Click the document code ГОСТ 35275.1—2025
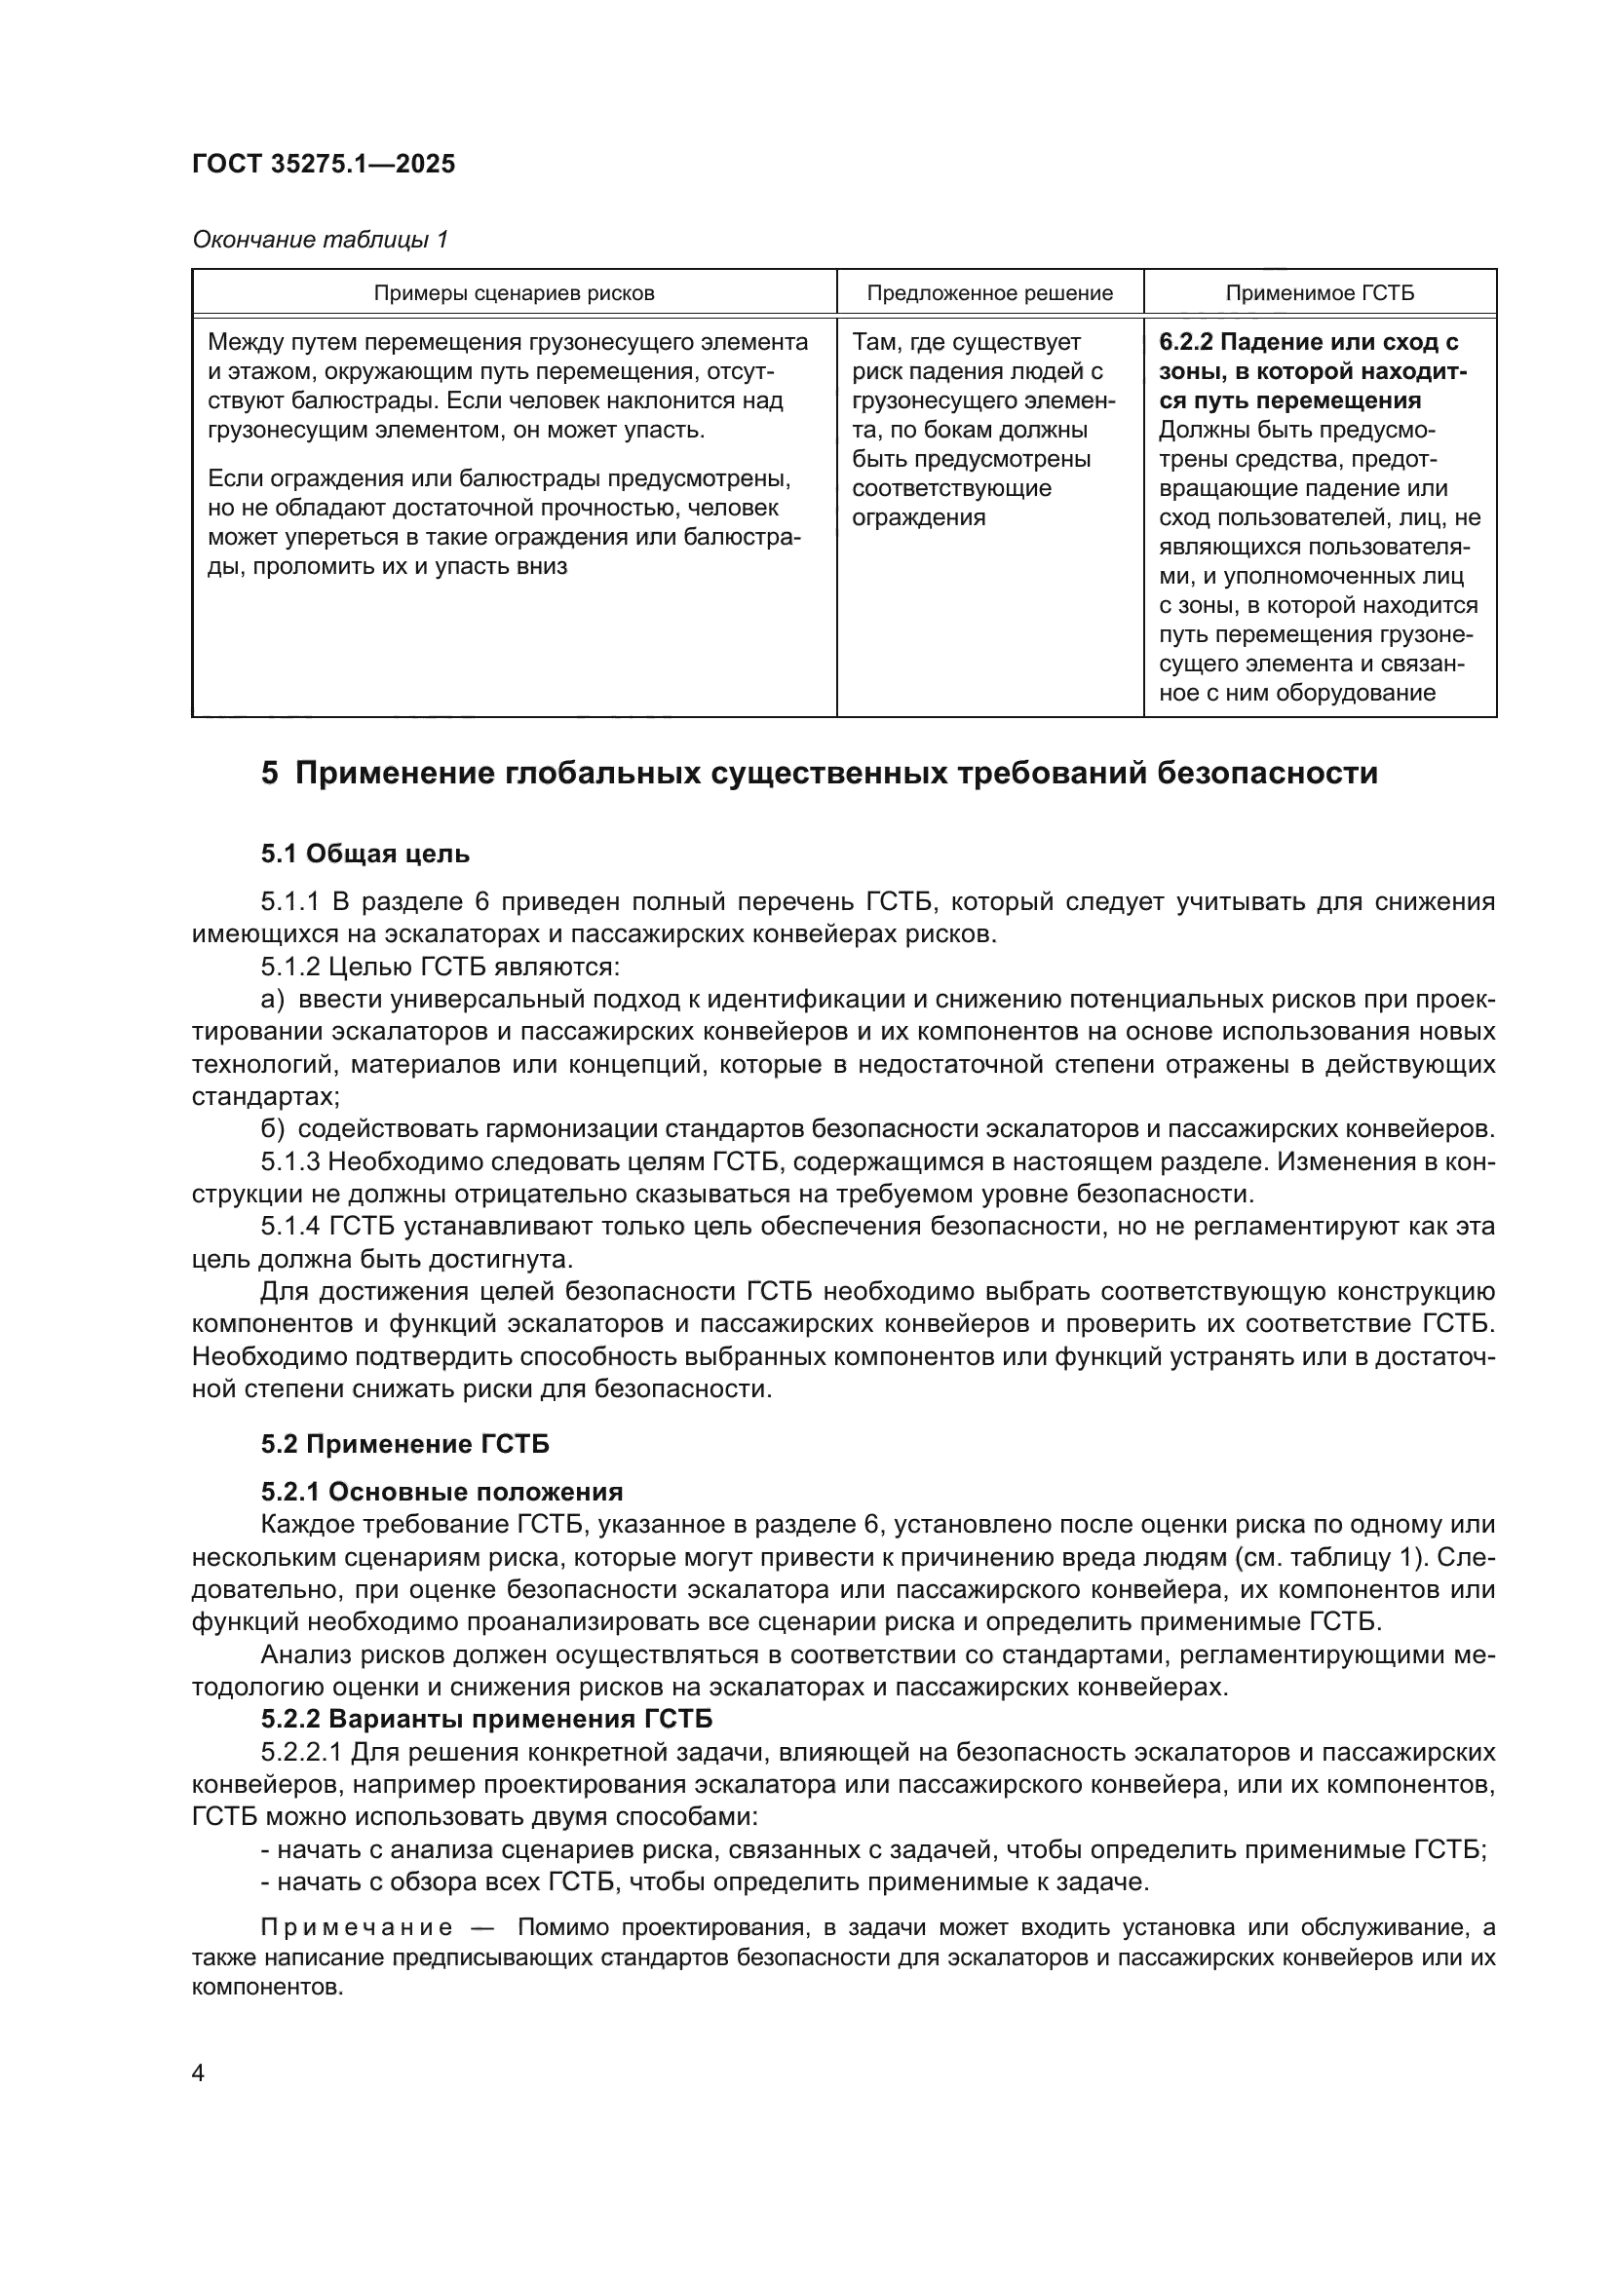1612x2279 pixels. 324,165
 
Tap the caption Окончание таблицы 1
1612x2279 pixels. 320,240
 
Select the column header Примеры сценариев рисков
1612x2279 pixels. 514,293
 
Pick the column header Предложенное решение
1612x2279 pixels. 989,293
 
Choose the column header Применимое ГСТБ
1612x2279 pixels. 1320,293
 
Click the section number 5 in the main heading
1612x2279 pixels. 270,774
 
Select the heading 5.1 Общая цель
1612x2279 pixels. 365,854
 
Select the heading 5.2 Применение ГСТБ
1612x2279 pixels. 405,1444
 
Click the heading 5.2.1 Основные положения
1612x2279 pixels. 441,1492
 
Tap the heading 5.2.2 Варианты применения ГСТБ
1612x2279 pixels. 486,1719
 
